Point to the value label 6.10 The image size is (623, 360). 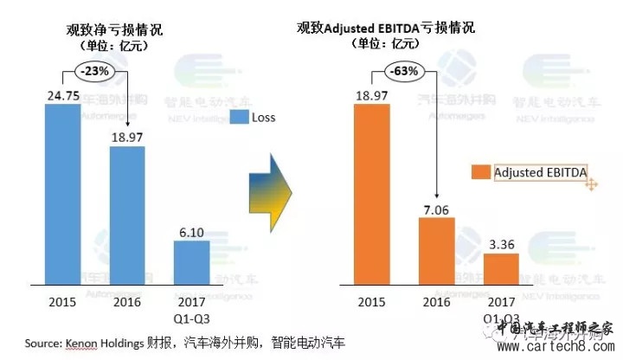191,231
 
